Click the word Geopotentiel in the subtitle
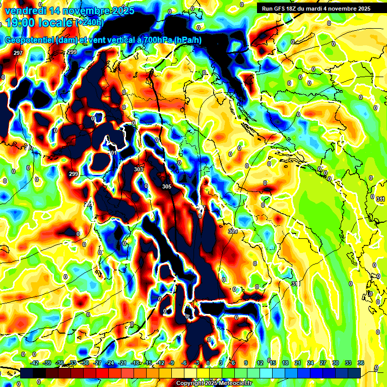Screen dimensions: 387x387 tap(30, 41)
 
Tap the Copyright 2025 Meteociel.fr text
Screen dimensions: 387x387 tap(214, 383)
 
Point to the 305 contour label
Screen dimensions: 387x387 tap(167, 186)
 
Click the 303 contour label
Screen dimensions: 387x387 tap(139, 170)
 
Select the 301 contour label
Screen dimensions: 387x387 tap(112, 153)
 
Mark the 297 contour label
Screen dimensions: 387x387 tap(18, 53)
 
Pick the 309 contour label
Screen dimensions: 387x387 tap(232, 231)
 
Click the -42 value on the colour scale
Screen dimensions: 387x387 tap(34, 363)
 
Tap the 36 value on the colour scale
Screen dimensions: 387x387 tap(361, 363)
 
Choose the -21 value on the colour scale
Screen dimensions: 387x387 tap(122, 363)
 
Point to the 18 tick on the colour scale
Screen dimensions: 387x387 tap(285, 363)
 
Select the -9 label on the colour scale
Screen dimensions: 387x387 tap(172, 363)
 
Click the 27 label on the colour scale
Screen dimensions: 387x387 tap(322, 363)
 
